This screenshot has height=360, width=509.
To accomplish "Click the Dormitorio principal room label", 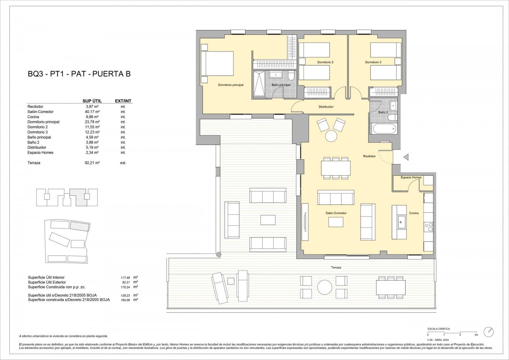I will point(231,85).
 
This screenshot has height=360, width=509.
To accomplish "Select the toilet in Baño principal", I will point(291,76).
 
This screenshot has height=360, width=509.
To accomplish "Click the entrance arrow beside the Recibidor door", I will point(406,157).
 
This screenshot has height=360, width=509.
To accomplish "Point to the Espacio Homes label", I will point(411,177).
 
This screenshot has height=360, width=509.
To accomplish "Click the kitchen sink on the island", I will point(402,222).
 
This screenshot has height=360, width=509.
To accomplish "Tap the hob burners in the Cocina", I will point(429,227).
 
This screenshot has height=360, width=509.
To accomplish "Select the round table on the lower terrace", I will point(324,287).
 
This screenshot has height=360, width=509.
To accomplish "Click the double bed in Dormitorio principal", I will point(217,63).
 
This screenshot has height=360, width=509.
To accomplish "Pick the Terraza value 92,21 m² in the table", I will point(92,163).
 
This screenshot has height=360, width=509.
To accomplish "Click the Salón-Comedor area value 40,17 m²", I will point(92,112).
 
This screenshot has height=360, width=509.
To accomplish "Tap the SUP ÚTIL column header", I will point(92,101).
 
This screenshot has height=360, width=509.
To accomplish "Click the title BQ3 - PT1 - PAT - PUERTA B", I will point(79,74).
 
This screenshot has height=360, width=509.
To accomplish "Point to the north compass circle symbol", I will point(489,332).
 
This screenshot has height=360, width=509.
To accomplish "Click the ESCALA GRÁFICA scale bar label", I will point(439,329).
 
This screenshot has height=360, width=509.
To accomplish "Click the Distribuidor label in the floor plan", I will point(326,107).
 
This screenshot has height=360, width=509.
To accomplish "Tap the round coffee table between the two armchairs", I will point(331,136).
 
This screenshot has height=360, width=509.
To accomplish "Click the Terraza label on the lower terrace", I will point(336,267).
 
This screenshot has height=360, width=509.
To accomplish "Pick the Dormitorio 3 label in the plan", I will point(373,62).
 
